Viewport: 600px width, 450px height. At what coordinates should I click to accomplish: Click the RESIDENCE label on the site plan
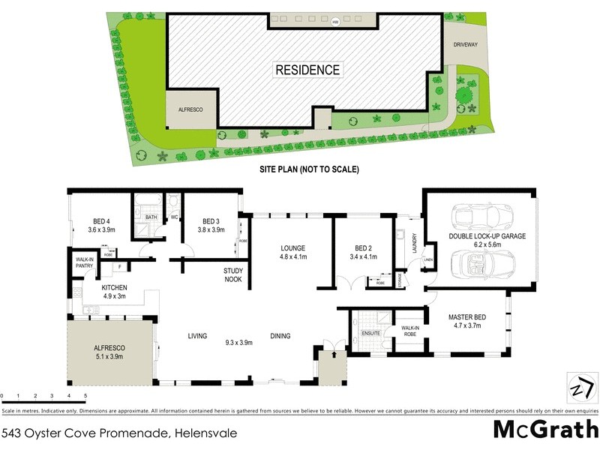[x=307, y=70]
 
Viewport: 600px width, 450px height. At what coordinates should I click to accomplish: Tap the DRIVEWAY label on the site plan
[x=465, y=44]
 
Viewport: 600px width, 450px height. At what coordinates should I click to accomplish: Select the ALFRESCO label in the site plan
[x=190, y=109]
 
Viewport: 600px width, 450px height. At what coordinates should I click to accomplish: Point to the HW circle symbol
[x=335, y=21]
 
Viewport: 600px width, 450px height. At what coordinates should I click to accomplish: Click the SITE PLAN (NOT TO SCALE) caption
[x=308, y=169]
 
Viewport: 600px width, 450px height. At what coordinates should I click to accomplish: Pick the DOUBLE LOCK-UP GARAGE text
[x=487, y=235]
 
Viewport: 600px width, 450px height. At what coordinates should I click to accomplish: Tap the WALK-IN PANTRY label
[x=84, y=263]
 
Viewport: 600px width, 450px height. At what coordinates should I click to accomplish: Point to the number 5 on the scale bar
[x=85, y=395]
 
